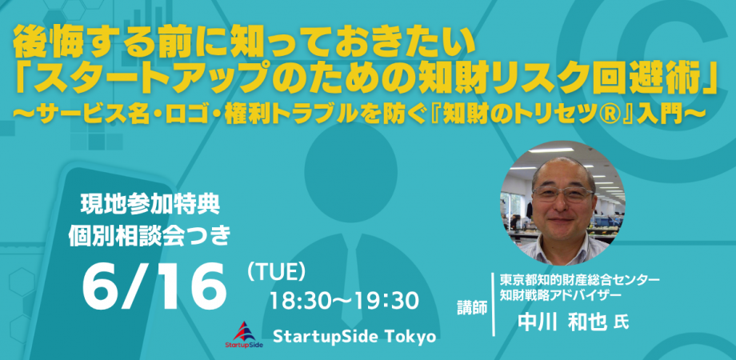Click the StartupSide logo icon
[x=244, y=334]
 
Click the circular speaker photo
[x=562, y=202]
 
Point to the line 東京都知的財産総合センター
[x=580, y=280]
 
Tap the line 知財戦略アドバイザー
[x=561, y=295]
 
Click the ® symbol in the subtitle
[x=610, y=114]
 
